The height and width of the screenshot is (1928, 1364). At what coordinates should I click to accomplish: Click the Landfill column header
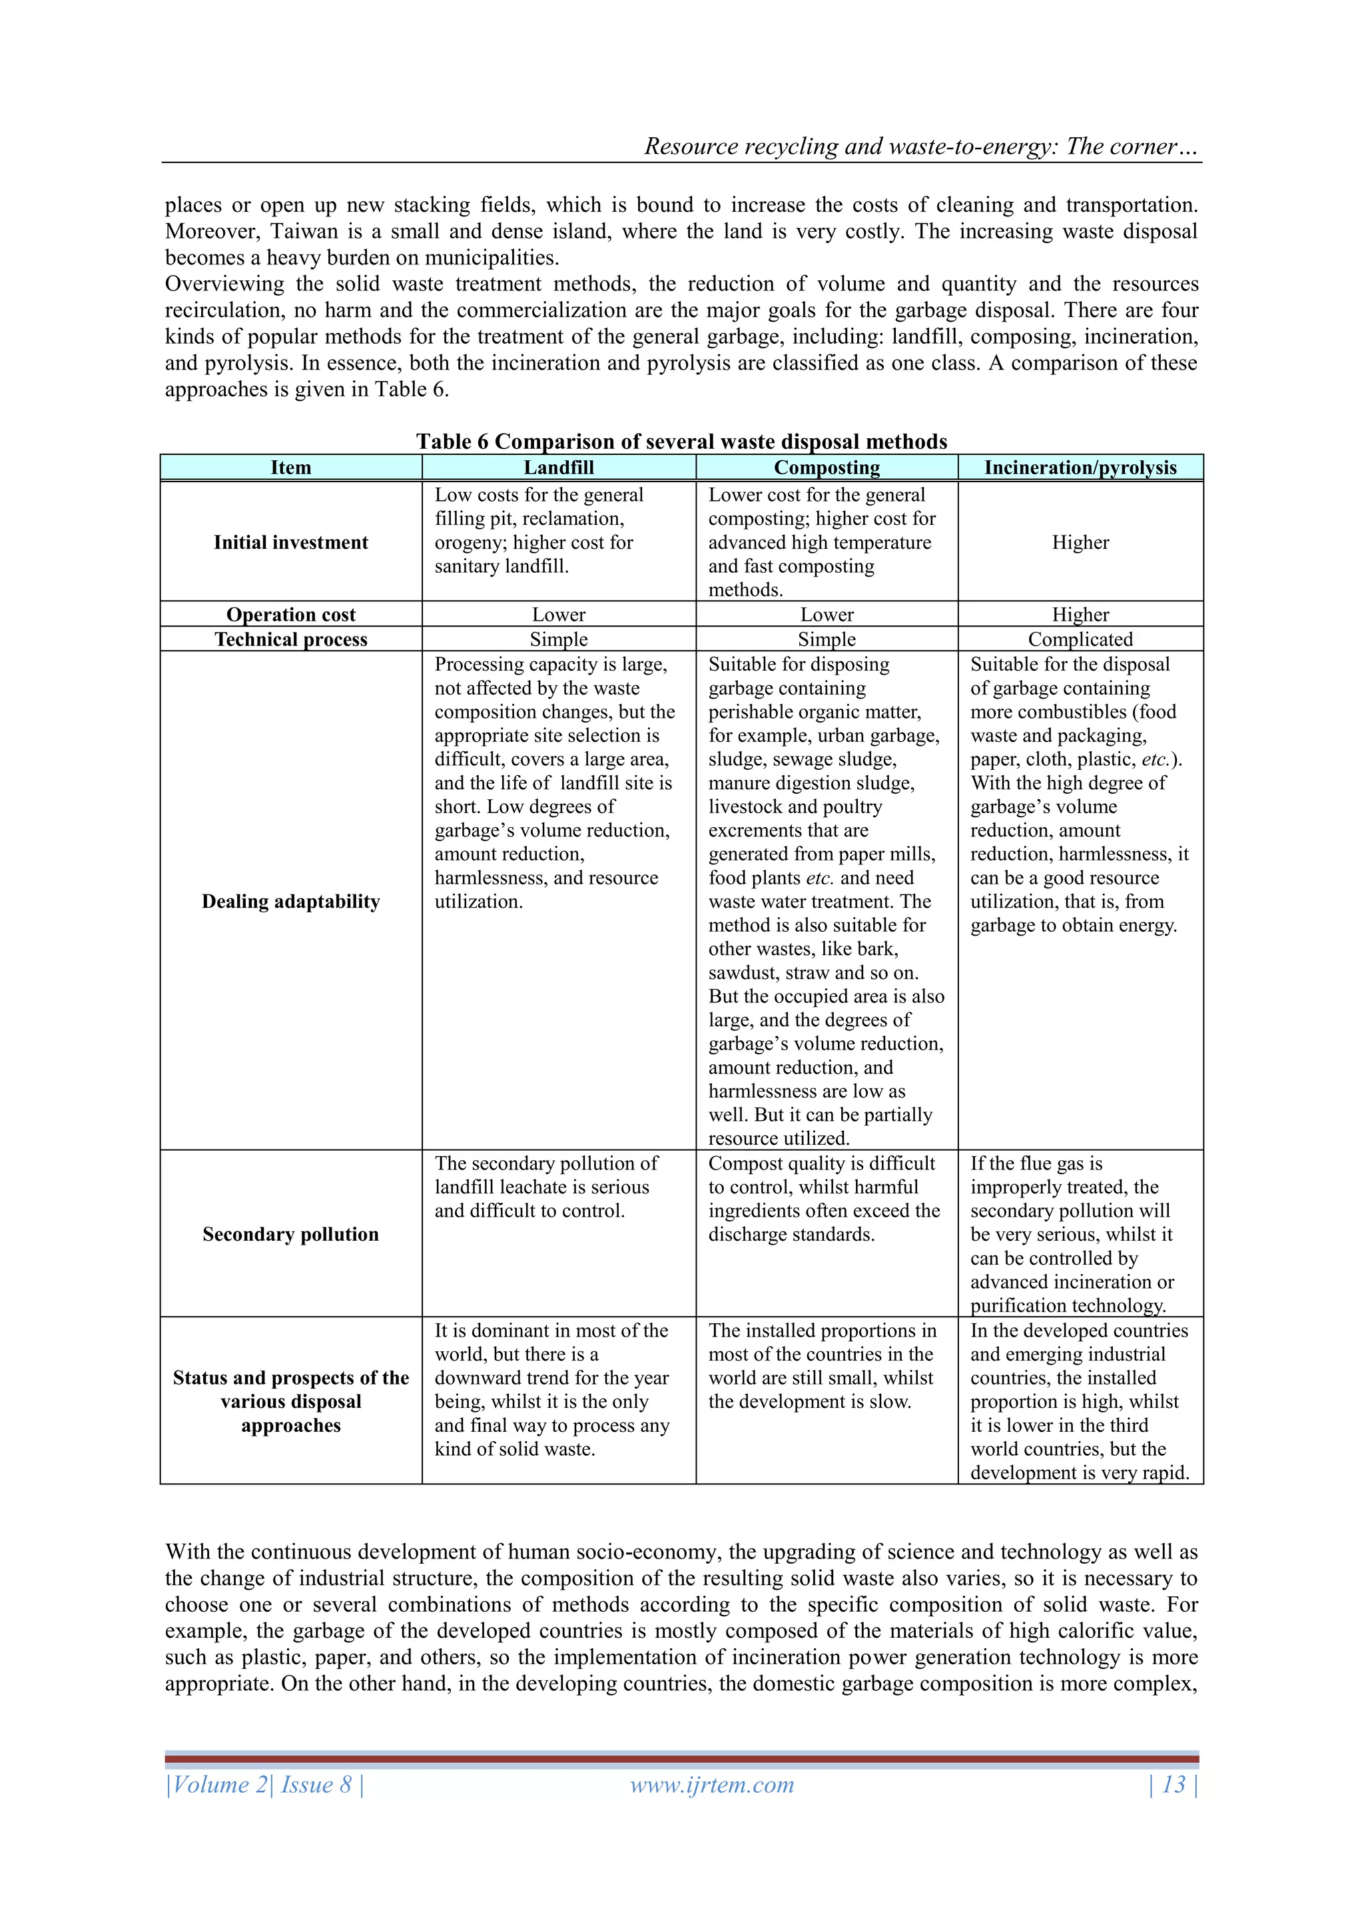(559, 468)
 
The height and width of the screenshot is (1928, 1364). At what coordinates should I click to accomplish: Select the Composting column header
(827, 468)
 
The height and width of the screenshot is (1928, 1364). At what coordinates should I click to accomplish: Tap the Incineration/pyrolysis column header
(1080, 468)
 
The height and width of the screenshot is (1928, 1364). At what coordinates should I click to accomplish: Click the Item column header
(290, 468)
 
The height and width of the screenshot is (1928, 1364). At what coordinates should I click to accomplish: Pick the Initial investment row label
(290, 543)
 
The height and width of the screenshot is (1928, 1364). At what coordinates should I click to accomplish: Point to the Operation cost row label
(290, 615)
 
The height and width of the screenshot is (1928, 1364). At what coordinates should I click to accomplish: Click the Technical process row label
(290, 639)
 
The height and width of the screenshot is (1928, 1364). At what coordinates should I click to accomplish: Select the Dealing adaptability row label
(290, 901)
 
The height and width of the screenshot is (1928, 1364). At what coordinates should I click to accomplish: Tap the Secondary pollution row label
(290, 1233)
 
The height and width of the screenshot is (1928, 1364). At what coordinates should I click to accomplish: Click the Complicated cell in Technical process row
(1080, 639)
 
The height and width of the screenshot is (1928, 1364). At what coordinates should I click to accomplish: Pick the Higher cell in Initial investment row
(1080, 543)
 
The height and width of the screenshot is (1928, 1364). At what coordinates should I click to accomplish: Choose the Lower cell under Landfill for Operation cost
(559, 615)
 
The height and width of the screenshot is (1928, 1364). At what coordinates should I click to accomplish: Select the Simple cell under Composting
(827, 639)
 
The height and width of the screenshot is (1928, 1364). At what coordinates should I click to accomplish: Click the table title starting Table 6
(681, 442)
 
